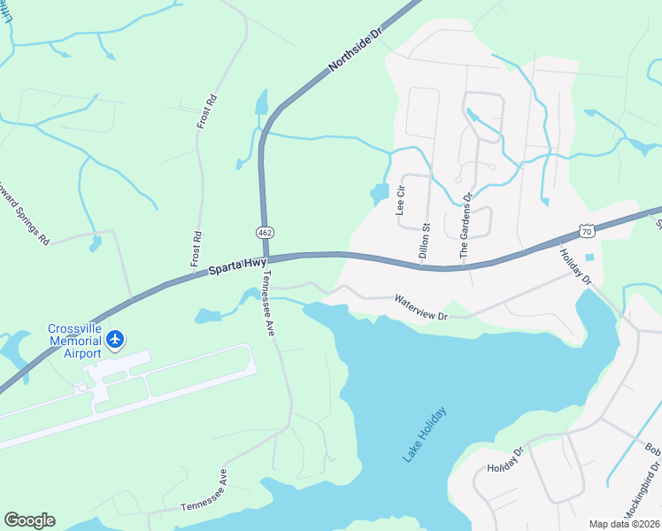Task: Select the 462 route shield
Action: pyautogui.click(x=265, y=232)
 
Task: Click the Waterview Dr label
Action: pyautogui.click(x=423, y=307)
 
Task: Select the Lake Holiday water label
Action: pyautogui.click(x=425, y=435)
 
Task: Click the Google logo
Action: pyautogui.click(x=29, y=520)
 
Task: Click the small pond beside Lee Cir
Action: pyautogui.click(x=379, y=192)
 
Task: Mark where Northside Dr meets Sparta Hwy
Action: pyautogui.click(x=266, y=259)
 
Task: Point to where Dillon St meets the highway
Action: pyautogui.click(x=426, y=265)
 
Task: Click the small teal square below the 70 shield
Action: pyautogui.click(x=589, y=258)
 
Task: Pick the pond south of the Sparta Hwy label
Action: pyautogui.click(x=207, y=314)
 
